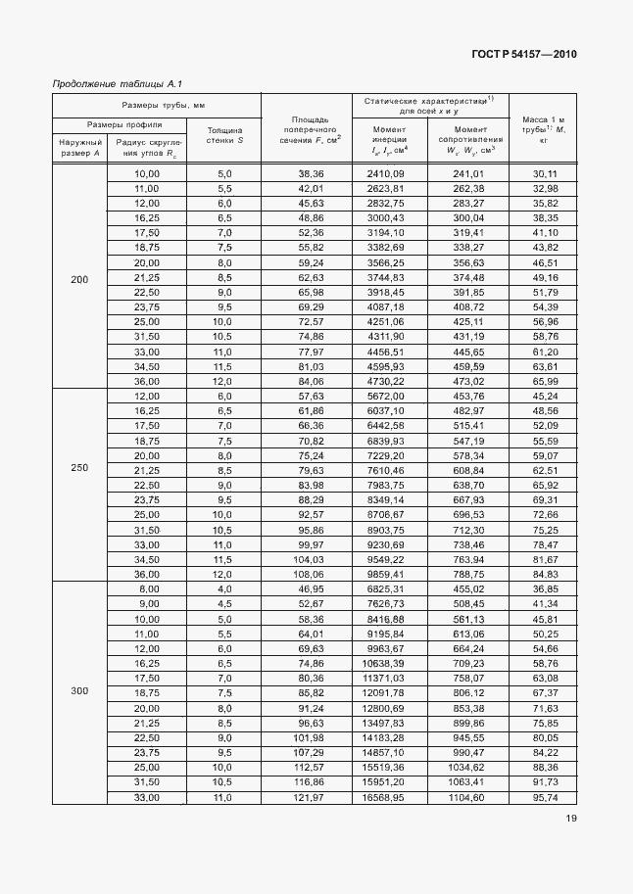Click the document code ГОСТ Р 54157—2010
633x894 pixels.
tap(523, 54)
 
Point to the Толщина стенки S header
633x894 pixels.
tap(225, 135)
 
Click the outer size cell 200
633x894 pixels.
tap(79, 280)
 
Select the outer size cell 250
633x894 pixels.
tap(79, 467)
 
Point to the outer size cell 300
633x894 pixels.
tap(79, 691)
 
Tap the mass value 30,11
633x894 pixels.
tap(544, 173)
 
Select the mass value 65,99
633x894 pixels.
tap(544, 380)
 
